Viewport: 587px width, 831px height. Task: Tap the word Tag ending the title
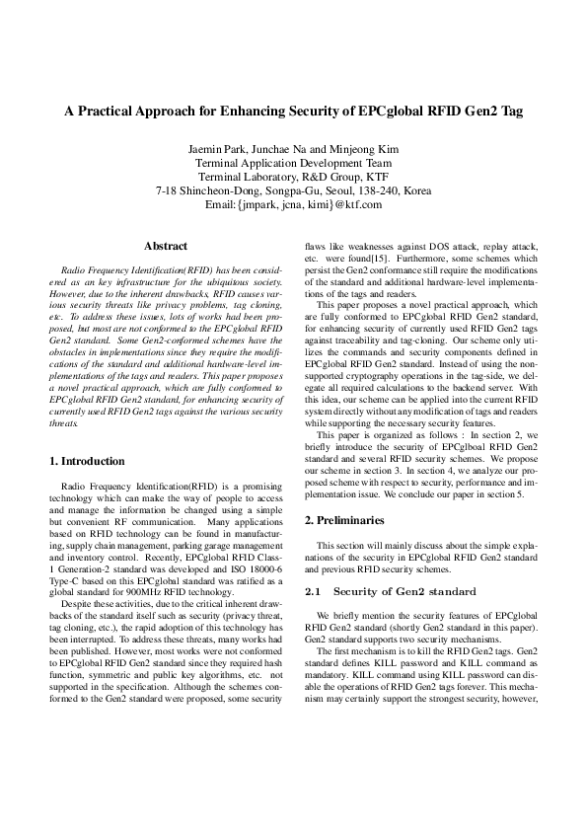pyautogui.click(x=511, y=113)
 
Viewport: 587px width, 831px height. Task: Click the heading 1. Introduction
pyautogui.click(x=87, y=461)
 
